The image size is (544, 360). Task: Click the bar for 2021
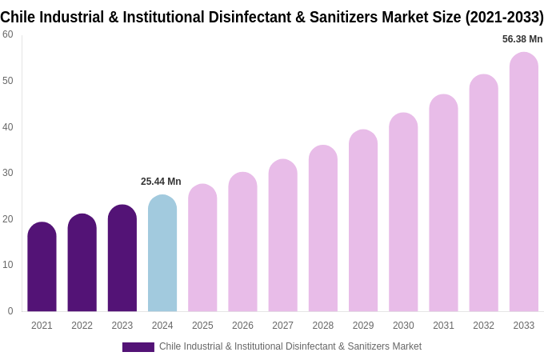pyautogui.click(x=42, y=267)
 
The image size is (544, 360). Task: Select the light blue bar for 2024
pyautogui.click(x=162, y=254)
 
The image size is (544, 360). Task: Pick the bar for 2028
pyautogui.click(x=322, y=229)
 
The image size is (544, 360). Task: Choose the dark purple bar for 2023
pyautogui.click(x=122, y=258)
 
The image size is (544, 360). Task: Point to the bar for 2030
pyautogui.click(x=403, y=213)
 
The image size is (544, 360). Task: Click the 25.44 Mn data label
pyautogui.click(x=161, y=182)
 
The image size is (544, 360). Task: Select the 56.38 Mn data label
pyautogui.click(x=522, y=39)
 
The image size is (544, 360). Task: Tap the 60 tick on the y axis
pyautogui.click(x=8, y=34)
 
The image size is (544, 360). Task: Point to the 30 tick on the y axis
pyautogui.click(x=8, y=173)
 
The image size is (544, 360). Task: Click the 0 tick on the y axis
pyautogui.click(x=10, y=311)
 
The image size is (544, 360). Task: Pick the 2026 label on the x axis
pyautogui.click(x=242, y=326)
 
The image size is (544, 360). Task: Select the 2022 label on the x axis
pyautogui.click(x=82, y=326)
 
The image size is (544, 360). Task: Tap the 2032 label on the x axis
pyautogui.click(x=483, y=326)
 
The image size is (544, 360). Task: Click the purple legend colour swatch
pyautogui.click(x=138, y=347)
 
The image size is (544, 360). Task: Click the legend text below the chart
pyautogui.click(x=290, y=346)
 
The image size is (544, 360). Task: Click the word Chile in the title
pyautogui.click(x=18, y=17)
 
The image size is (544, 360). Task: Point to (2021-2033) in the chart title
pyautogui.click(x=504, y=17)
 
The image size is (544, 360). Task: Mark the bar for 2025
pyautogui.click(x=202, y=248)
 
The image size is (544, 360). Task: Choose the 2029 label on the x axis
pyautogui.click(x=363, y=326)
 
